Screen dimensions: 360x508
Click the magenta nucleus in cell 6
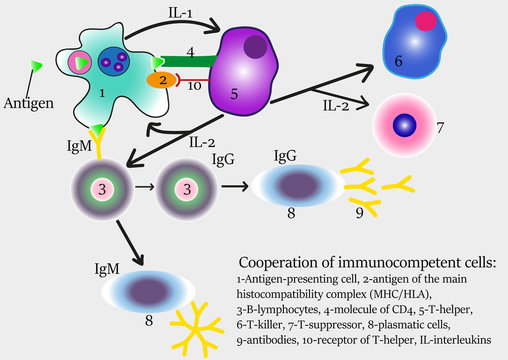427,20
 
